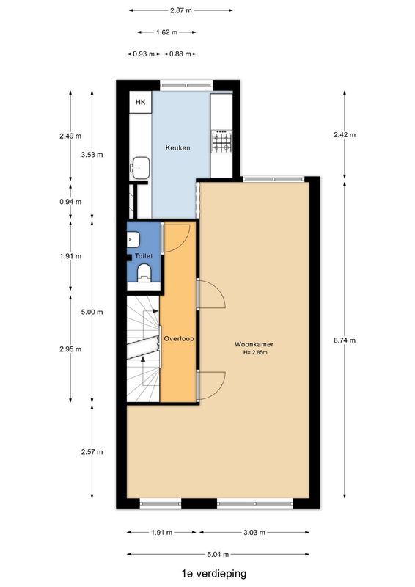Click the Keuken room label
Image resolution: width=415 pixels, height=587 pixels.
(177, 147)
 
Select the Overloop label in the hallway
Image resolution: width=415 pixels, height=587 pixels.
(178, 339)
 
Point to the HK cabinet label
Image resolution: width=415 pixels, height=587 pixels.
(140, 102)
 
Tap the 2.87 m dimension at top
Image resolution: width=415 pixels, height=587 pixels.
(180, 10)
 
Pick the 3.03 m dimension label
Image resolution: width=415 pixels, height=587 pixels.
(254, 533)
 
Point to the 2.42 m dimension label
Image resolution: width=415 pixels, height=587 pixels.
(345, 135)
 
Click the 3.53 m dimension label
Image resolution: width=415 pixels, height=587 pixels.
(92, 155)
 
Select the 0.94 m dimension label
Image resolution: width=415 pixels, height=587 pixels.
(70, 202)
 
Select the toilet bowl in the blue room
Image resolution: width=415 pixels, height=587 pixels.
(144, 273)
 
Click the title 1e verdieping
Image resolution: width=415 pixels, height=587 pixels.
(214, 574)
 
